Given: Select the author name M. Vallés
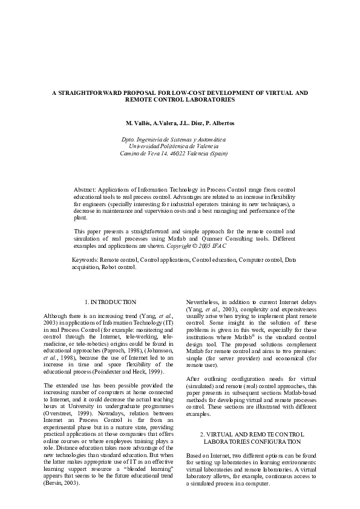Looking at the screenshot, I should pos(137,123).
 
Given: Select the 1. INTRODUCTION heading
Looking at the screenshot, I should pos(110,302).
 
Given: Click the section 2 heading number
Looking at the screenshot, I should pos(201,418).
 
